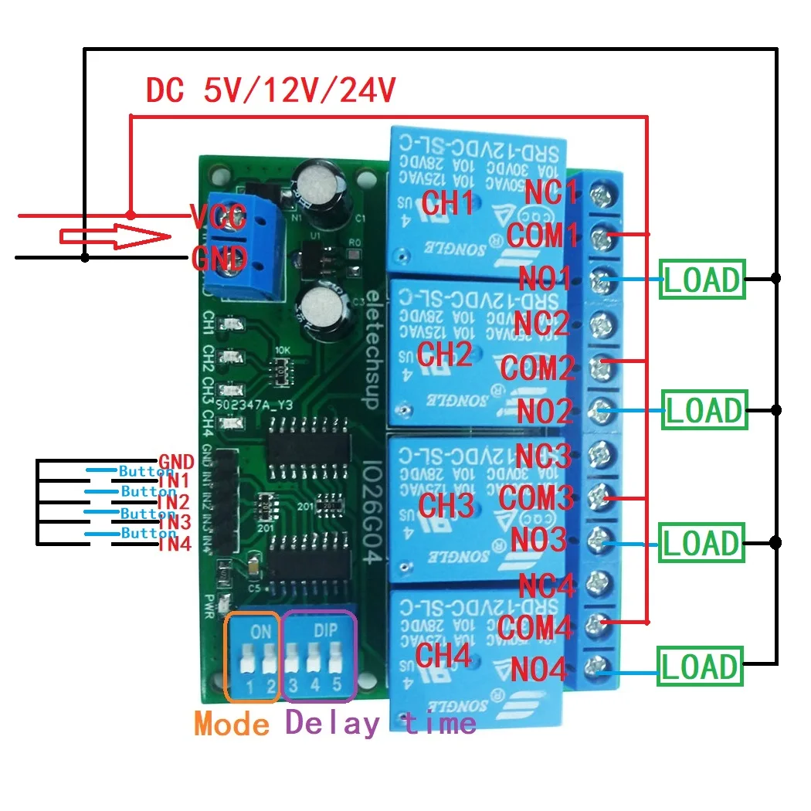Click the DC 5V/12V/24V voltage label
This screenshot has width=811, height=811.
coord(271,91)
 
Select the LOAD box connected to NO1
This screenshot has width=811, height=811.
coord(702,280)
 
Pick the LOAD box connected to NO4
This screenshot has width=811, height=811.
coord(700,667)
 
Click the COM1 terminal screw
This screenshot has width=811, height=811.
coord(599,232)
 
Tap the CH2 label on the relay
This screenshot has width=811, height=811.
coord(444,354)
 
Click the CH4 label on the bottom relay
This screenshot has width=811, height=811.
coord(443,655)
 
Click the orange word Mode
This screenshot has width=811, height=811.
coord(232,724)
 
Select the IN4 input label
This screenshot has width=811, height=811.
coord(175,545)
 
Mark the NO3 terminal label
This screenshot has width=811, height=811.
coord(543,539)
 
